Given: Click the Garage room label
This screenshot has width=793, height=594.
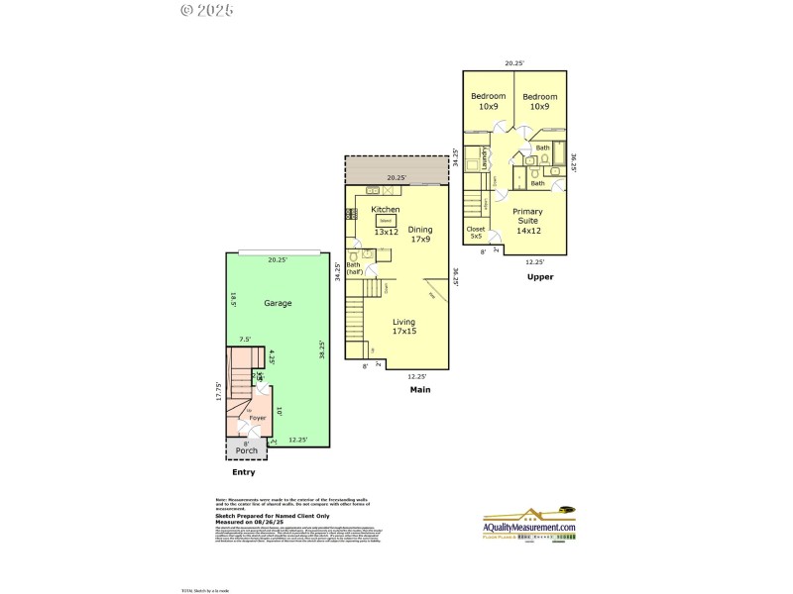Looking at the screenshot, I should pos(278,303).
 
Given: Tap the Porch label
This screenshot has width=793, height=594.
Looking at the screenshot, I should pos(246,450).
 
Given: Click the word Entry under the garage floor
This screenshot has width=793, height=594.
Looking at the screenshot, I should pos(243,472).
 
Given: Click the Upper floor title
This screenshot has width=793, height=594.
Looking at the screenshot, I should pos(539,276).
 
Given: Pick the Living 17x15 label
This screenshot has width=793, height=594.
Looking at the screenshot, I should pos(404,328).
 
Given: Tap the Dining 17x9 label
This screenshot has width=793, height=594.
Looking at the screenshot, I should pos(420,235).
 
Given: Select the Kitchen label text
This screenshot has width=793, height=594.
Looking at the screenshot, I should pos(386,210).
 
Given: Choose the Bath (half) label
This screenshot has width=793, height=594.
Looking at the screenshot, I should pos(354,267).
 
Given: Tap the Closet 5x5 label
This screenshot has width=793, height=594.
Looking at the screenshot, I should pos(476,234).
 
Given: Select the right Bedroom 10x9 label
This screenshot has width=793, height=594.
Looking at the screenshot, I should pos(539,101).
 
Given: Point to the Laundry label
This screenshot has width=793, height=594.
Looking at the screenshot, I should pos(485,157).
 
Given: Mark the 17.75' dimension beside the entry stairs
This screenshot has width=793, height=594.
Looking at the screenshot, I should pos(220,392).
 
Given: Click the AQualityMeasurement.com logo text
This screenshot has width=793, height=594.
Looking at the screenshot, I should pos(528,528).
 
